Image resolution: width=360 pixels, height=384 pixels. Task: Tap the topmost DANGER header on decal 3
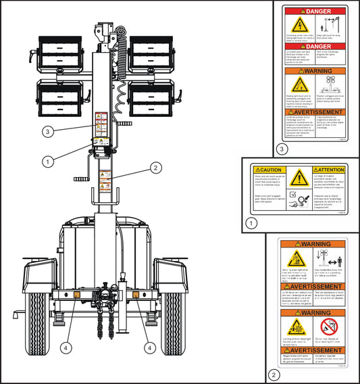tap(315, 12)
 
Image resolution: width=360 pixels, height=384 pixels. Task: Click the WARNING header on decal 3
tap(315, 70)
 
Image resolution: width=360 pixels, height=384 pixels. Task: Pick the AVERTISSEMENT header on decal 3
tap(315, 112)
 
